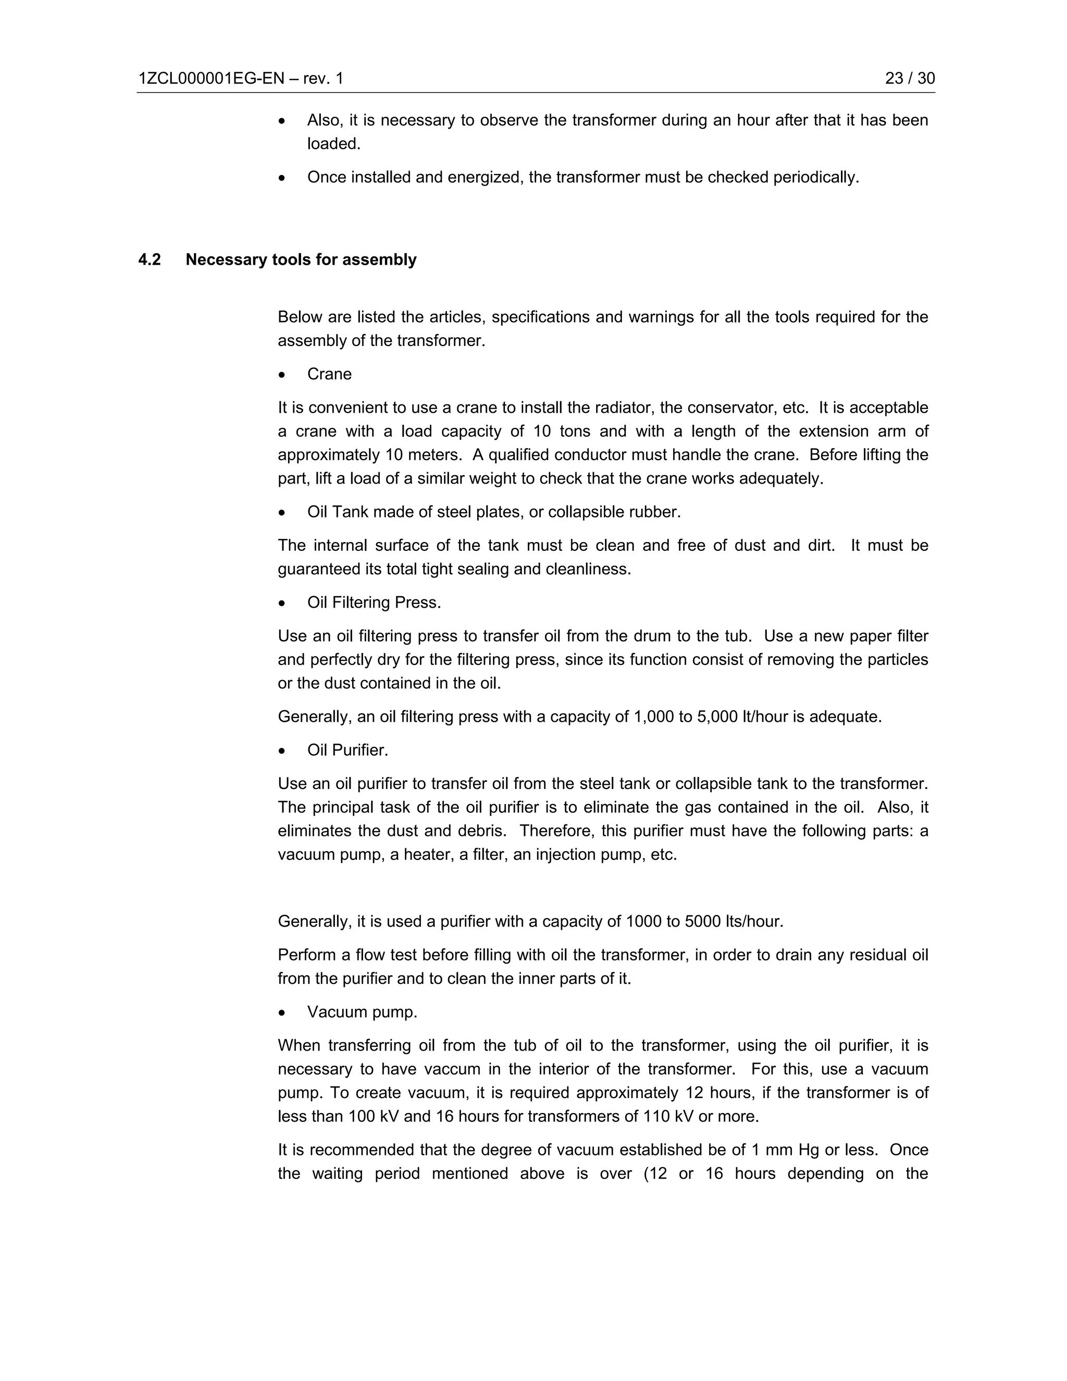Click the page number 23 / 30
910,78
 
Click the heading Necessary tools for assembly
301,260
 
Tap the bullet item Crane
329,374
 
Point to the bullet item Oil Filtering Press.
374,602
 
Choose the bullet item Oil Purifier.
347,750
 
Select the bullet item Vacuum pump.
362,1013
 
